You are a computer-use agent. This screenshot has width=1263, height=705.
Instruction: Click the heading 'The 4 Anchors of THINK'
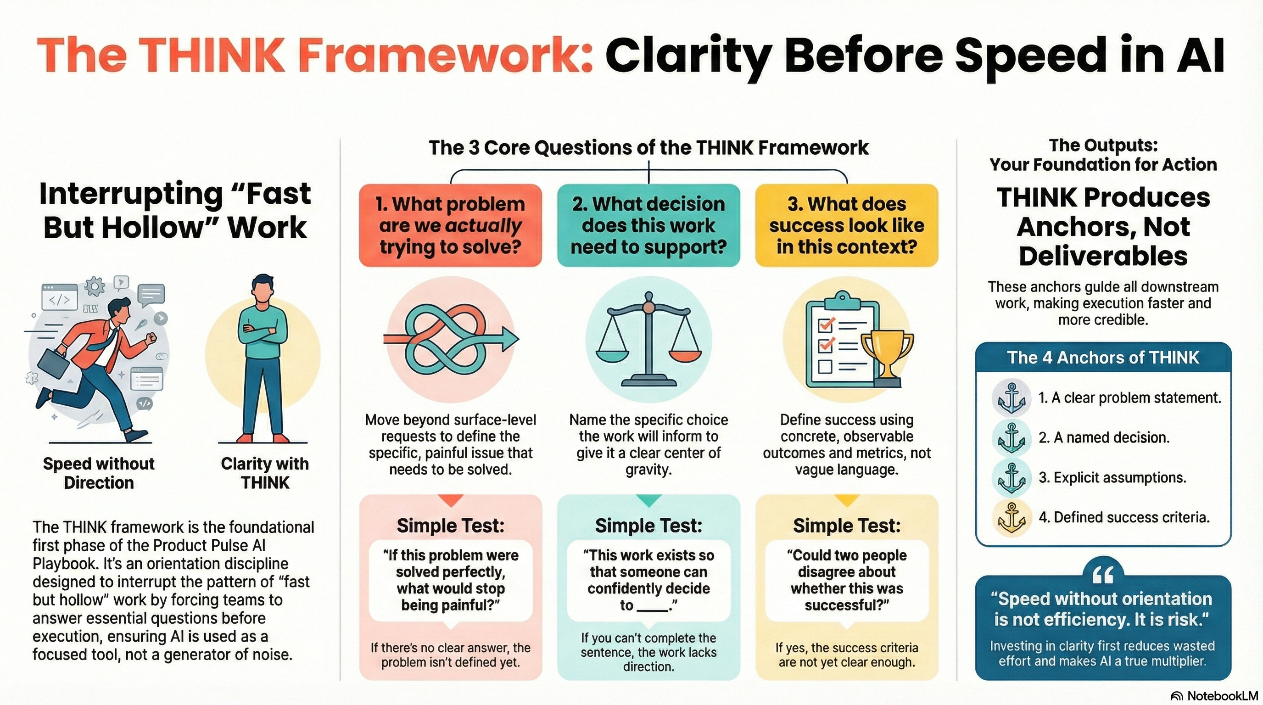tap(1103, 358)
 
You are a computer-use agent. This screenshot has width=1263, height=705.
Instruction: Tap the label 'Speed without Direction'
tap(99, 473)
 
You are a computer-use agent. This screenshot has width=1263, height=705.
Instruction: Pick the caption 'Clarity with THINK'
tap(265, 473)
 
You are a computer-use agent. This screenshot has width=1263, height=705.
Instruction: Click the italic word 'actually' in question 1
tap(483, 225)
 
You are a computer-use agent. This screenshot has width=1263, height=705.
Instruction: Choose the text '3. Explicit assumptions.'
tap(1112, 477)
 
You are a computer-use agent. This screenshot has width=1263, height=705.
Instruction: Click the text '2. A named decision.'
tap(1104, 437)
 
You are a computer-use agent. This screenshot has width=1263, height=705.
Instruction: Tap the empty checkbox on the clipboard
tap(825, 366)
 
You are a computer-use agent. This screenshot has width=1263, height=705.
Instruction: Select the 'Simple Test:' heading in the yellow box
tap(847, 526)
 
